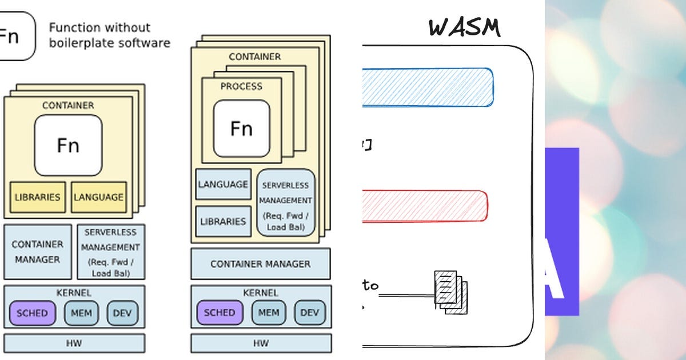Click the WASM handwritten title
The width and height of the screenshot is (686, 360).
pos(464,27)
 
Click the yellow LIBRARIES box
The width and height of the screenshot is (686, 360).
pos(37,197)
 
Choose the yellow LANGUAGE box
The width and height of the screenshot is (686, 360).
pos(98,197)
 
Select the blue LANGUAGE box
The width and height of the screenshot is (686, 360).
pos(223,184)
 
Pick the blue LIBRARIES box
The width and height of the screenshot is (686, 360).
pos(223,221)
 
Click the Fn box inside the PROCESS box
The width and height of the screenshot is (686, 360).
pos(241,129)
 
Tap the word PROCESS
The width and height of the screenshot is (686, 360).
pos(241,86)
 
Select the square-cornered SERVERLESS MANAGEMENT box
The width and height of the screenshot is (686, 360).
pos(111,252)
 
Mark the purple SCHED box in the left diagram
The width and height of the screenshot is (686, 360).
pos(33,313)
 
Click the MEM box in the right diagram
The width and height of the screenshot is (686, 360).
pos(269,313)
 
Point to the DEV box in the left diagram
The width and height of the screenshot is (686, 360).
pos(122,313)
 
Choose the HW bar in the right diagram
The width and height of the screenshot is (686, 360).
pos(261,343)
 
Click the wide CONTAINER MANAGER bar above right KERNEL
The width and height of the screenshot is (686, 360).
pos(261,264)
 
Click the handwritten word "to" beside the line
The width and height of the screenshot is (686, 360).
pos(370,285)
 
